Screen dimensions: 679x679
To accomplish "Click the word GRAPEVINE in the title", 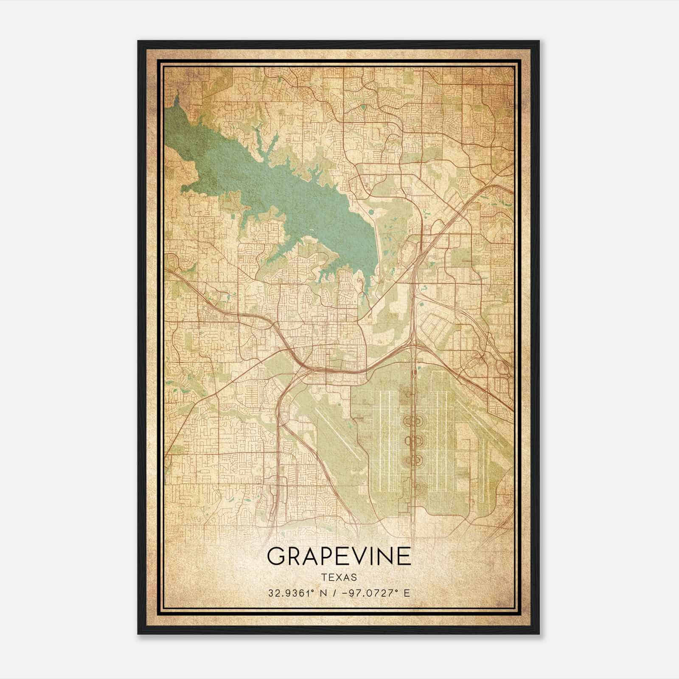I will tap(339, 556).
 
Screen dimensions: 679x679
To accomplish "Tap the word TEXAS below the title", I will tap(339, 578).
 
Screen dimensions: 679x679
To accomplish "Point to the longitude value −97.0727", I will tap(368, 593).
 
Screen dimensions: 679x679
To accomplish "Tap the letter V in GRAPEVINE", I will tap(359, 556).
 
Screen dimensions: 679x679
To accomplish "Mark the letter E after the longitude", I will tap(407, 593).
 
